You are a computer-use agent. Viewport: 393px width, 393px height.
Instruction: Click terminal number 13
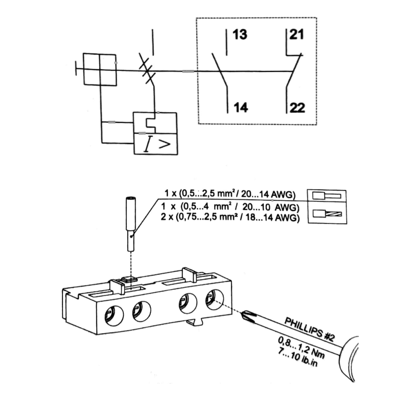coord(240,34)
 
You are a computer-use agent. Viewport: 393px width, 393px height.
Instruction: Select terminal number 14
coord(241,107)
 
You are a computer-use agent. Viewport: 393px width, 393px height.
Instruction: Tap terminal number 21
coord(297,34)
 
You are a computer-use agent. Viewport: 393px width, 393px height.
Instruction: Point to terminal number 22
coord(297,108)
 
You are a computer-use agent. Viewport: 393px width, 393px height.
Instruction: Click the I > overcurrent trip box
coord(156,144)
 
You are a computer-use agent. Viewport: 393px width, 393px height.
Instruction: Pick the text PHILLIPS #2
coord(309,329)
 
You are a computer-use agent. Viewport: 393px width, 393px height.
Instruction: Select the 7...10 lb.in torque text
coord(298,358)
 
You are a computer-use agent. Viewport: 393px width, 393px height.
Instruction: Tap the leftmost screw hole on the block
coord(114,316)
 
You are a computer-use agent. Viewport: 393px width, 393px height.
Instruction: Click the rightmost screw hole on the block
coord(215,300)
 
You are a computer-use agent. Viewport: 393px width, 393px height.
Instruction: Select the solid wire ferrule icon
coord(327,196)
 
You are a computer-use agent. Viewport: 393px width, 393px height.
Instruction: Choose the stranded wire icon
coord(327,214)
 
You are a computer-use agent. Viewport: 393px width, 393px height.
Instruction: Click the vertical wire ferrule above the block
coord(130,224)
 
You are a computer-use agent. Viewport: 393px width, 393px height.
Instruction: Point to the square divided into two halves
coord(100,69)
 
